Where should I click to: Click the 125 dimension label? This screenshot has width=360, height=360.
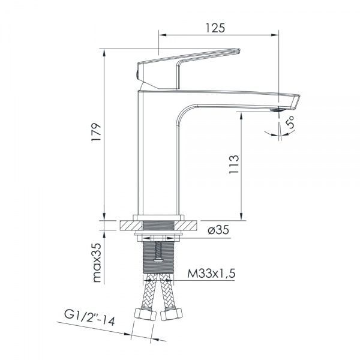[x=215, y=28]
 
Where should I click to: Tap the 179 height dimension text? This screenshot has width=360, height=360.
[x=96, y=133]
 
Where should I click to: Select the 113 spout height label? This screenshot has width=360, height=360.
[x=234, y=164]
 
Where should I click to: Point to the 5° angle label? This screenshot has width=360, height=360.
[x=290, y=122]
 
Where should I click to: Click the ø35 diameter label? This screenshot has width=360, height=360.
[x=218, y=230]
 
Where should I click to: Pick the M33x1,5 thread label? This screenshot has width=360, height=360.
[x=211, y=274]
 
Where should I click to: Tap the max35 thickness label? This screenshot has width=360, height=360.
[x=97, y=263]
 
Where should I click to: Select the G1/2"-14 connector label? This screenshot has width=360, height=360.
[x=89, y=318]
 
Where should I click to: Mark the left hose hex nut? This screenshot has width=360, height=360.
[x=145, y=314]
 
